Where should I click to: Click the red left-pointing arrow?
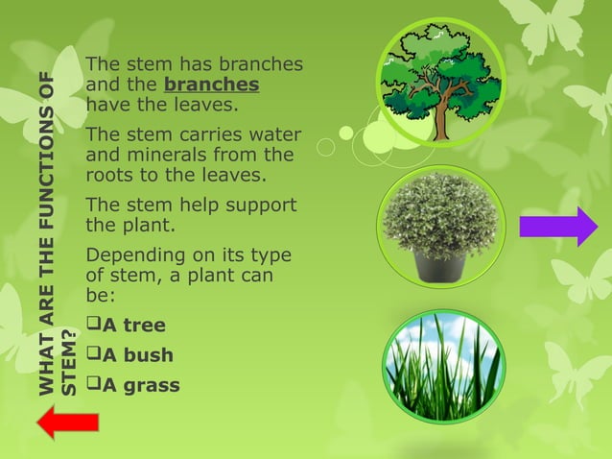[x=67, y=421]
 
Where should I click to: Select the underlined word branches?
[x=211, y=85]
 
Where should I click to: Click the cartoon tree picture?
[x=440, y=83]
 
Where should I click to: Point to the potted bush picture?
[x=440, y=227]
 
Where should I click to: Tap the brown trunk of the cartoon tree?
[x=441, y=120]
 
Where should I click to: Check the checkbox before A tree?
[x=93, y=326]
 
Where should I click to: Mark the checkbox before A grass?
[x=93, y=385]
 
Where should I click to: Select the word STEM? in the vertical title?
[x=68, y=362]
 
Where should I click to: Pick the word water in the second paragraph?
[x=274, y=134]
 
